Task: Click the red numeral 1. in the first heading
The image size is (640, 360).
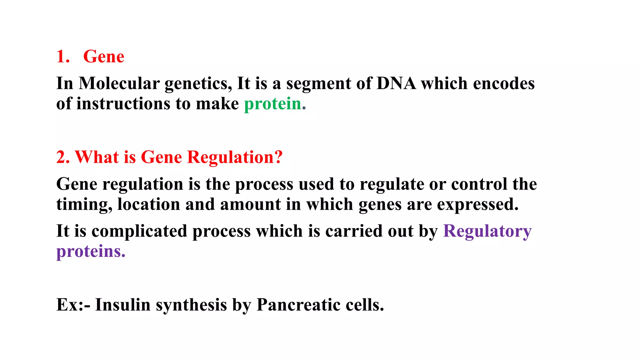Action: click(x=63, y=57)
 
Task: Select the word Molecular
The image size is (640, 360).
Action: click(x=119, y=83)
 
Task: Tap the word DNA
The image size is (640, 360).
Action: click(x=396, y=83)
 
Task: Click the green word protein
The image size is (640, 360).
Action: click(x=272, y=104)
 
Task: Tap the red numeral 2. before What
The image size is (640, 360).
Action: click(x=63, y=157)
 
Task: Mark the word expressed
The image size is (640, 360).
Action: click(x=477, y=205)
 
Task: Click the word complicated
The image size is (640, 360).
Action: click(x=139, y=232)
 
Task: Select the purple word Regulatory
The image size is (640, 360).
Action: click(x=487, y=232)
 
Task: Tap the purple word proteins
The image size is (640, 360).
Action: click(x=91, y=252)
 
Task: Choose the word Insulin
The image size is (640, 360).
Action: click(x=122, y=305)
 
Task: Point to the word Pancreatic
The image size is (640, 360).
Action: click(x=298, y=305)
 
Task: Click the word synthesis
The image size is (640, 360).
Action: click(x=191, y=305)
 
